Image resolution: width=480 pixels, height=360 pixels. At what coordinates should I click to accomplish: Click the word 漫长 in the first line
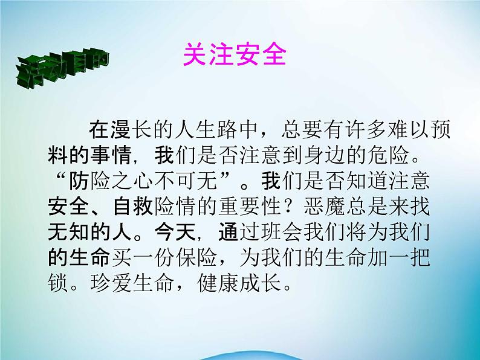point(121,130)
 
